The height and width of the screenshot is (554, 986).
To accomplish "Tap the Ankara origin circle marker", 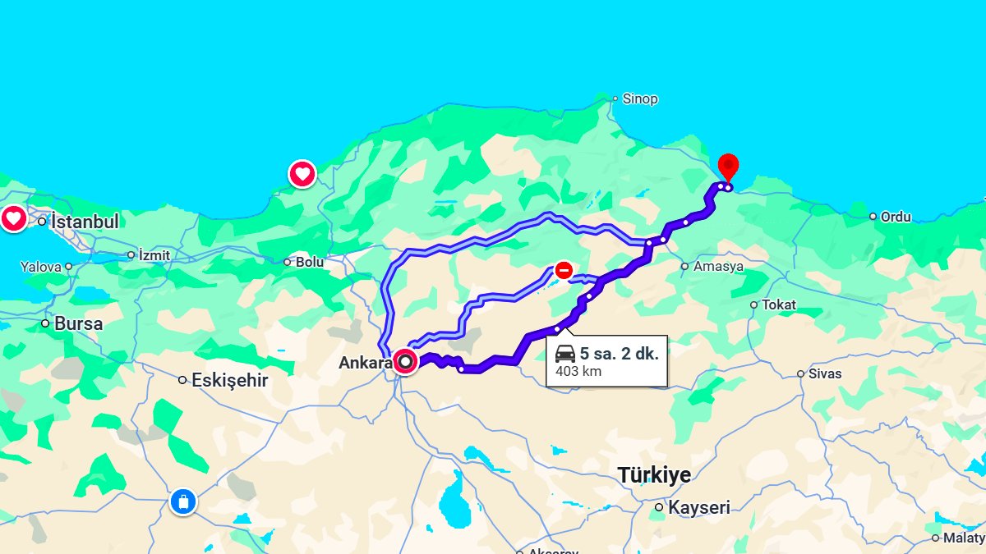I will (x=405, y=361).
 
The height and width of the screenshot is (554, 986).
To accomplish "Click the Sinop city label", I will (x=640, y=99).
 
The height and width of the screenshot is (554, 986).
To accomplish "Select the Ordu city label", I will (x=896, y=217).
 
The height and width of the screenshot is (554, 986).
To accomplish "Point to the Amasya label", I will (x=718, y=267).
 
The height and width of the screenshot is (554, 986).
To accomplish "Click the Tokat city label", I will (x=778, y=304).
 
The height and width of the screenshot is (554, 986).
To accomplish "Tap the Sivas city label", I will (x=825, y=373).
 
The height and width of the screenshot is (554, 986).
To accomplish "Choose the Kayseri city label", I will (x=698, y=508).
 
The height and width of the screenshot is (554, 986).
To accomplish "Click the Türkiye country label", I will (x=654, y=474).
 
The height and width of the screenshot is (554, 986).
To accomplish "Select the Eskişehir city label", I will (x=229, y=380).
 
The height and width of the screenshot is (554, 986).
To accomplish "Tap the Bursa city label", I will (x=78, y=323).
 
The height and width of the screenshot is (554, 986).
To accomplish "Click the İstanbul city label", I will (x=85, y=222).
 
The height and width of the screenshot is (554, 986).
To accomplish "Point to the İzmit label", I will (x=154, y=255).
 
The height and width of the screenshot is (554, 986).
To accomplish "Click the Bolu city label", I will (x=310, y=263).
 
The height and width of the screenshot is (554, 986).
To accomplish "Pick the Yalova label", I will (x=41, y=267).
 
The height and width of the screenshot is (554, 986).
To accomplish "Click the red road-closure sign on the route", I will (x=564, y=270).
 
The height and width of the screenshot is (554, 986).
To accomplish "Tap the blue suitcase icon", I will (x=182, y=501).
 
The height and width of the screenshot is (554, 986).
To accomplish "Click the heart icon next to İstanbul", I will (x=13, y=219).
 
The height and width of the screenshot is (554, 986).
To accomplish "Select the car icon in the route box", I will (x=565, y=355).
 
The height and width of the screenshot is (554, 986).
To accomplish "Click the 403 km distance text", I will (x=578, y=371).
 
